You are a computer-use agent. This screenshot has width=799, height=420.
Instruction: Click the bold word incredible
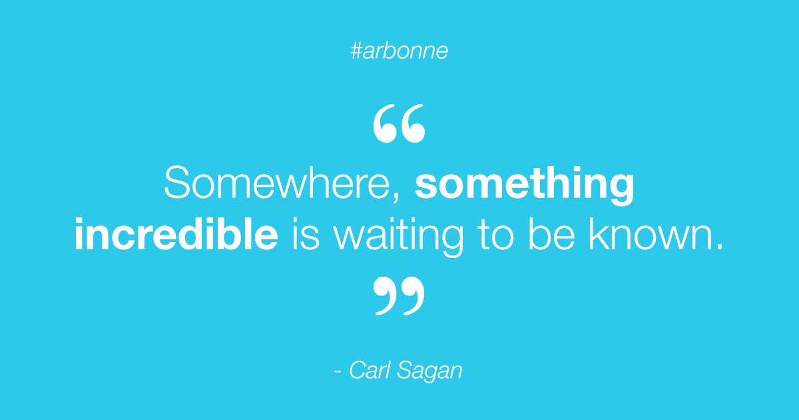pyautogui.click(x=176, y=234)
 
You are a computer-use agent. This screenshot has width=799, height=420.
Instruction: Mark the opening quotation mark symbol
pyautogui.click(x=399, y=125)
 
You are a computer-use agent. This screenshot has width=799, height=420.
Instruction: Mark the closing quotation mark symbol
pyautogui.click(x=399, y=296)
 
